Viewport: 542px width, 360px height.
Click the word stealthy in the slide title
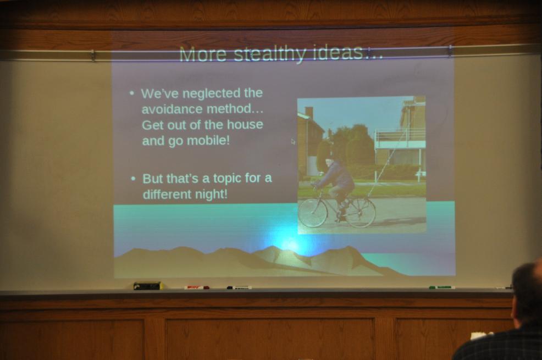270,54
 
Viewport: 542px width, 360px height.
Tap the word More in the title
202,54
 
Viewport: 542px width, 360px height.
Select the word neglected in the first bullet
211,93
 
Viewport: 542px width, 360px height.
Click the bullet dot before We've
131,93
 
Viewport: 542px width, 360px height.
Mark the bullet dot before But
134,179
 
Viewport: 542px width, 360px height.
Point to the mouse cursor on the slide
293,141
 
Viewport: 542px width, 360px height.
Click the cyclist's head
329,162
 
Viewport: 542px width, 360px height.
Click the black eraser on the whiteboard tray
147,286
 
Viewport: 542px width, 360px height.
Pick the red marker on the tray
197,287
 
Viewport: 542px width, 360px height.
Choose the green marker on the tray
442,287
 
